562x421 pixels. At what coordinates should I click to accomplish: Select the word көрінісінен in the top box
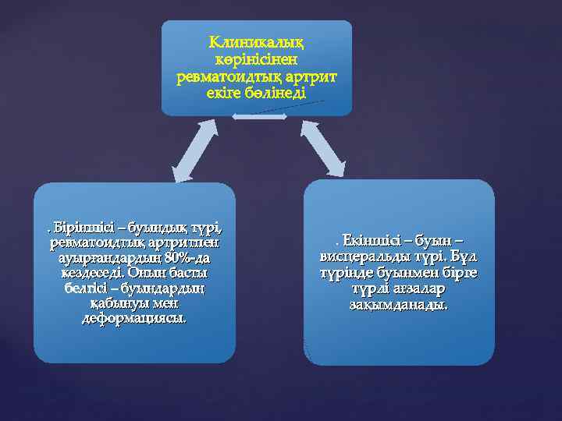(x=256, y=59)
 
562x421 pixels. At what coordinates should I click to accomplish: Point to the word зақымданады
(x=399, y=305)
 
